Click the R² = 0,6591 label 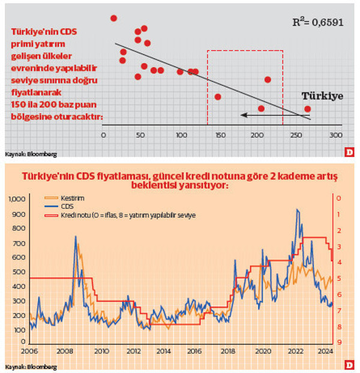point(317,23)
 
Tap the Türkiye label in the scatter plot point(322,96)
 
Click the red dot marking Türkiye point(308,109)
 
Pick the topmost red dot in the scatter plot point(113,19)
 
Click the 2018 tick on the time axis point(227,351)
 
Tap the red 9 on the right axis point(340,342)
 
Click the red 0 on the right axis point(340,198)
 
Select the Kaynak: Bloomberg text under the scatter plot point(31,154)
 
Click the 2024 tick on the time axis point(325,351)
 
